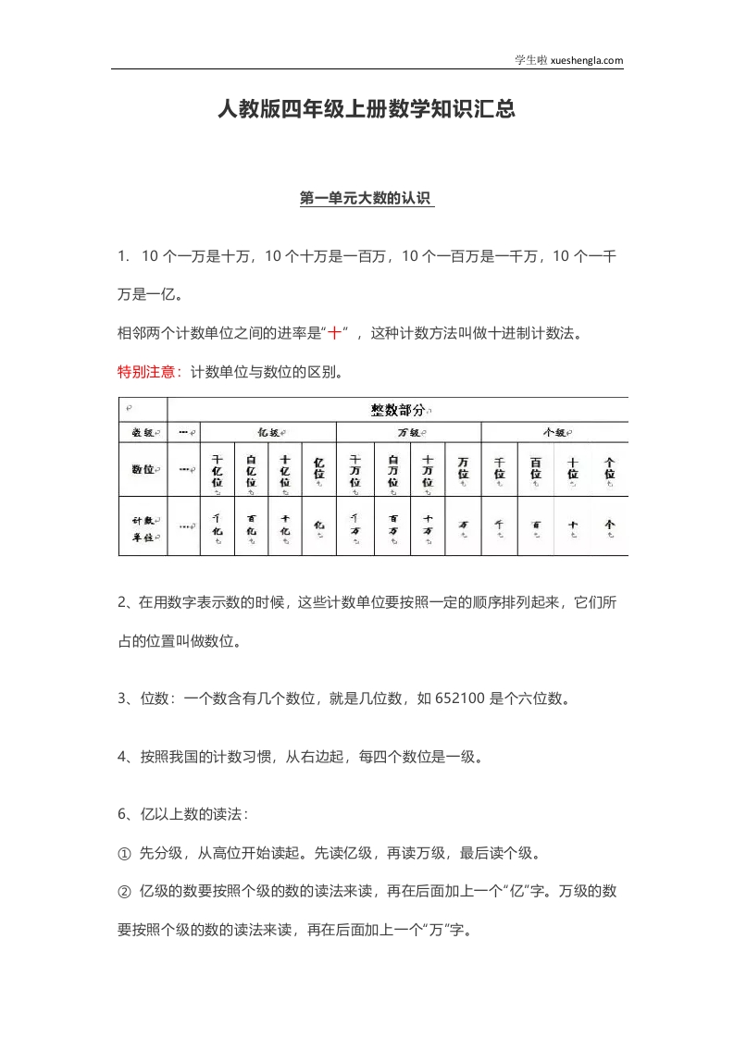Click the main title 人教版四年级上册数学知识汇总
366,110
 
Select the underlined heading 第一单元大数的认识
367,198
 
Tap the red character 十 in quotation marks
336,333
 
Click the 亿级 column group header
270,432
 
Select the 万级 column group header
409,432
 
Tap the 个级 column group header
555,432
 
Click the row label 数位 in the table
143,469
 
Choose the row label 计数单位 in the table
143,527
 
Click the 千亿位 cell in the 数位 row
218,470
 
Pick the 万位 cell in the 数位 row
463,470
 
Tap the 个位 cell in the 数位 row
609,470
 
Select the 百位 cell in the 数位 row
535,470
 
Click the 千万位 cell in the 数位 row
355,470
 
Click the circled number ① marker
125,852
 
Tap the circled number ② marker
125,892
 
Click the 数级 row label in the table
143,432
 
